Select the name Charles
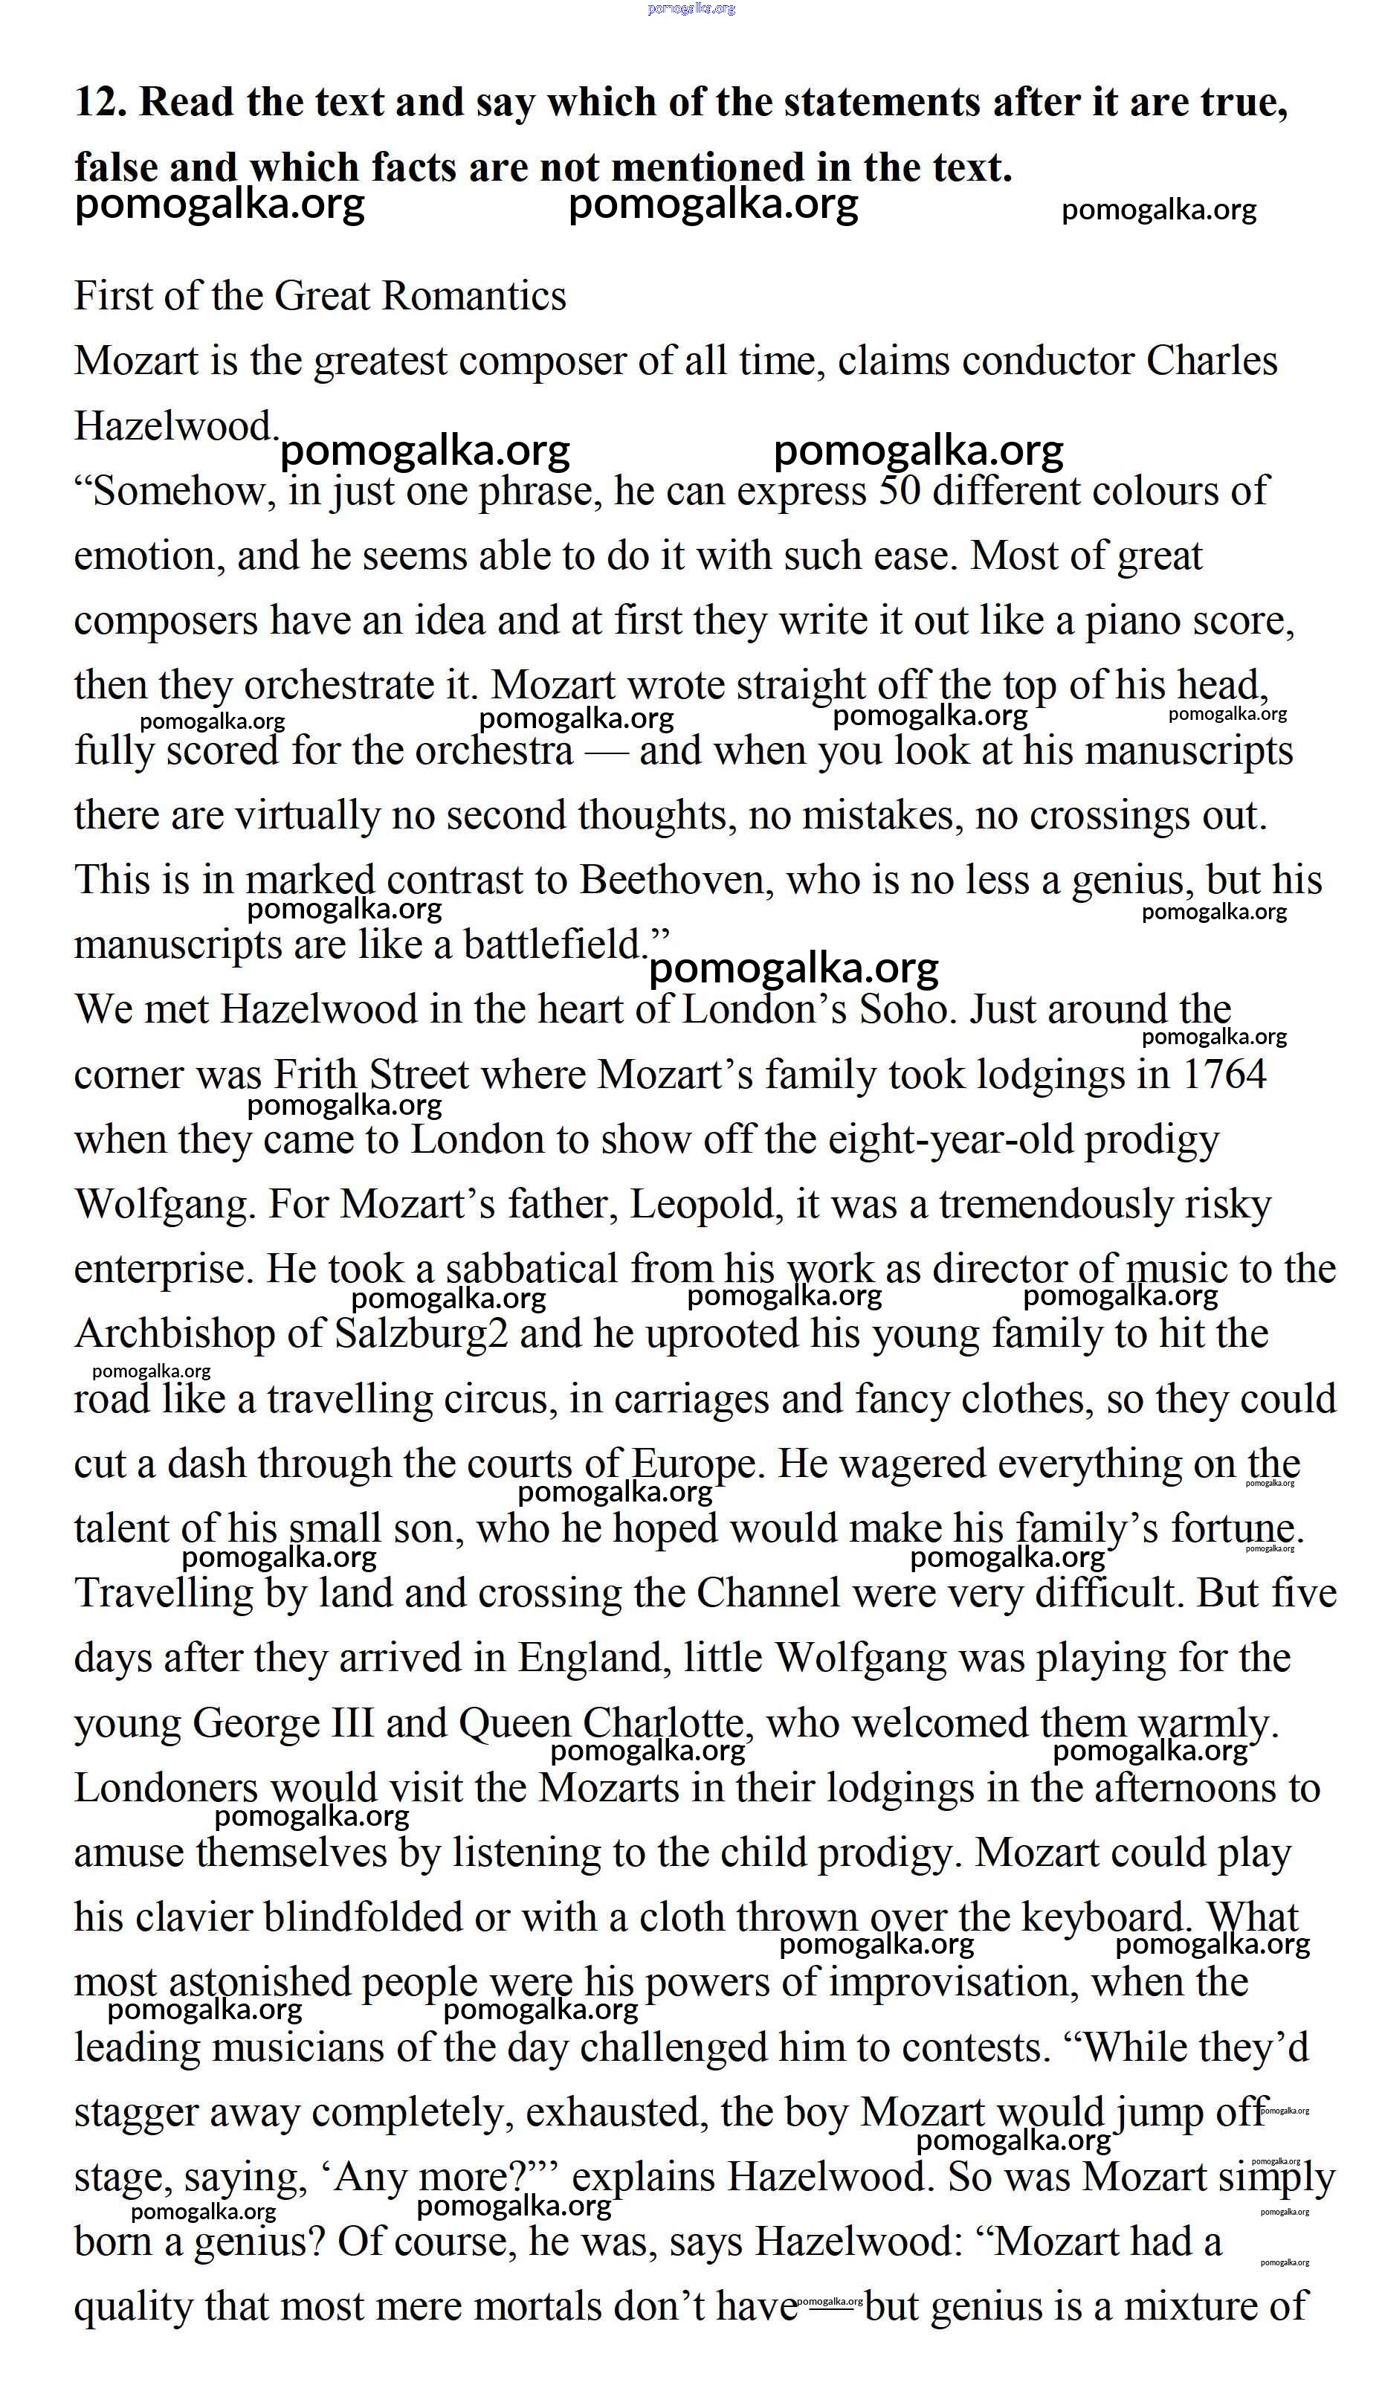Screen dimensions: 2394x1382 (x=1211, y=361)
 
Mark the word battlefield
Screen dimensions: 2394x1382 (x=555, y=945)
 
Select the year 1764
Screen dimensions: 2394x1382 (x=1224, y=1075)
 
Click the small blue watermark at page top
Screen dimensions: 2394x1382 (x=691, y=8)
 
